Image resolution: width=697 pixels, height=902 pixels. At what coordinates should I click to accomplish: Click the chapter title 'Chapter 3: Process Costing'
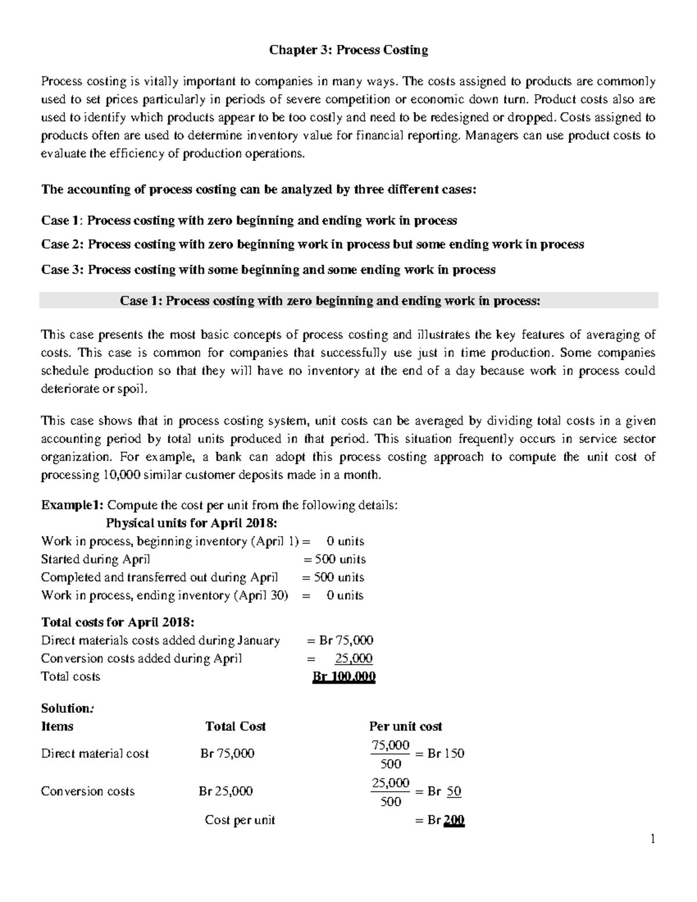tap(348, 51)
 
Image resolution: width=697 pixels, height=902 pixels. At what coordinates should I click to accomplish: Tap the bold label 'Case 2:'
tap(63, 245)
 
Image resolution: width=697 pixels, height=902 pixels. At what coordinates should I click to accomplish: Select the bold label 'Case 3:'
tap(63, 269)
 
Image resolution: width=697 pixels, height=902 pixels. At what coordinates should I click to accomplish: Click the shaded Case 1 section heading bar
tap(348, 301)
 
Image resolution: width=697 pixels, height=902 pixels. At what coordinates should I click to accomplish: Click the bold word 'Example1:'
tap(73, 505)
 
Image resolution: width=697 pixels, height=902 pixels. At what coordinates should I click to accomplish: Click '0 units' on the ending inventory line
tap(344, 595)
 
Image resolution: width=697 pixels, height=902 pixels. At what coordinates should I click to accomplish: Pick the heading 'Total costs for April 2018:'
tap(118, 622)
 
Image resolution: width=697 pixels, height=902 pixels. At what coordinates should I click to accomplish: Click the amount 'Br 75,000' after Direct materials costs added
tap(346, 640)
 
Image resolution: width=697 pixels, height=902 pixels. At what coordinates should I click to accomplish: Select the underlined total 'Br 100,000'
tap(344, 677)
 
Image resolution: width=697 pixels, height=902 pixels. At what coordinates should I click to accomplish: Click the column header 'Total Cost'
tap(235, 727)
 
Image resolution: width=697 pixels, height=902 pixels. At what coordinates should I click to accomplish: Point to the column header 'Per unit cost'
tap(405, 727)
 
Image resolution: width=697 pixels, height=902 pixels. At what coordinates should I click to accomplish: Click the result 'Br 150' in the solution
tap(445, 754)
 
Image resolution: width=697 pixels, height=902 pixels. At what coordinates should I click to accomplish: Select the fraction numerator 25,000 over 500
tap(390, 783)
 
